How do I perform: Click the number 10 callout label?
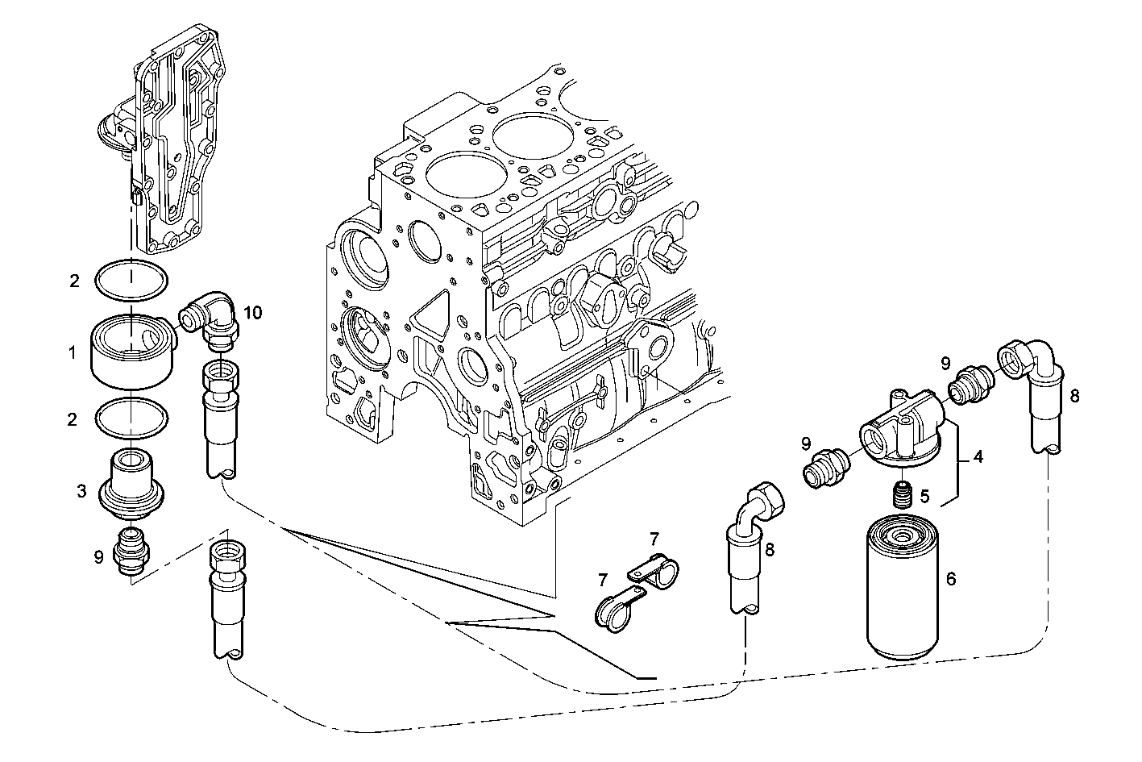click(253, 314)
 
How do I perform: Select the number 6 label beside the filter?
click(951, 579)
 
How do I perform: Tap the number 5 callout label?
click(925, 495)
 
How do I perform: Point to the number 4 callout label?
click(978, 457)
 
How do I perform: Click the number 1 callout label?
click(73, 352)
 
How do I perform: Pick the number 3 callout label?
click(82, 489)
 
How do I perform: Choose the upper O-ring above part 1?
click(131, 280)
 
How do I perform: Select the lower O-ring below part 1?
click(131, 418)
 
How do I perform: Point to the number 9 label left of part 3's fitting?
click(98, 556)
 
